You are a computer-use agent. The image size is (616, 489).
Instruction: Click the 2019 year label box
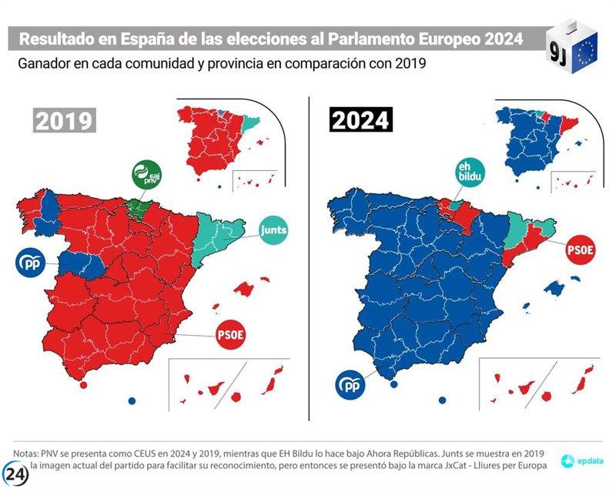(64, 121)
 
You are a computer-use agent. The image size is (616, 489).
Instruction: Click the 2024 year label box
(360, 121)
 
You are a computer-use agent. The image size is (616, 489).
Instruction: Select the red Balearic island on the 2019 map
(246, 290)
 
